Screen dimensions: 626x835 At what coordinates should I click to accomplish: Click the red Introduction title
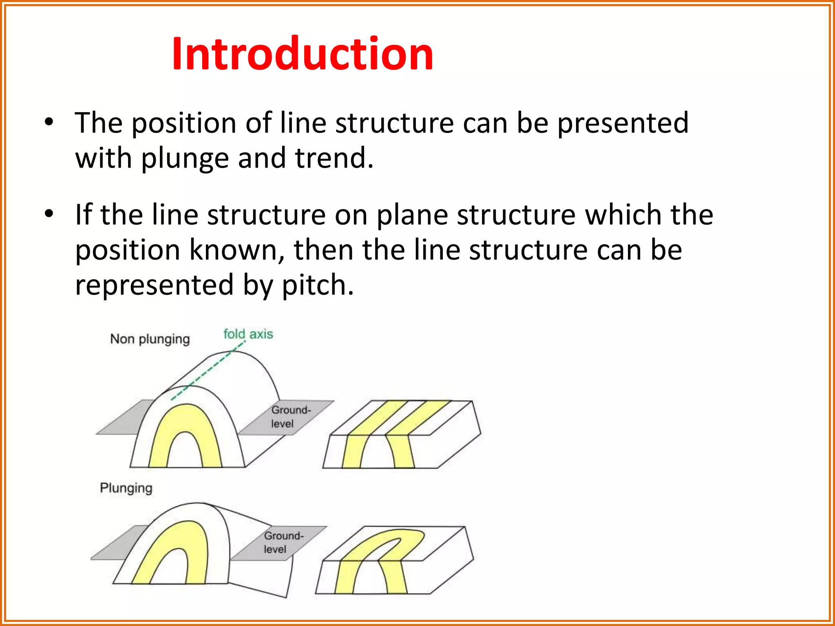(x=302, y=54)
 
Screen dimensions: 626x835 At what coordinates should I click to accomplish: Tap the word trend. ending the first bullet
(x=334, y=158)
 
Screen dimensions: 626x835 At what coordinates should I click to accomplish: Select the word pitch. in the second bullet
(x=318, y=285)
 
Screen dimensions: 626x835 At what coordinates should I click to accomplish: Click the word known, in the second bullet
(x=237, y=250)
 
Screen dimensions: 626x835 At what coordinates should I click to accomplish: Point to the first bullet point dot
(x=49, y=122)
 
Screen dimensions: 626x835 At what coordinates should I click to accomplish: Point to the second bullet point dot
(x=49, y=214)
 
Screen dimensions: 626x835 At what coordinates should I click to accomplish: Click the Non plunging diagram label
(x=150, y=339)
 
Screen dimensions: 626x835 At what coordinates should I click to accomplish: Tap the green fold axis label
(x=248, y=334)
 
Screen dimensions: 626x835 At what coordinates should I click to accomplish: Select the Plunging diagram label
(x=126, y=488)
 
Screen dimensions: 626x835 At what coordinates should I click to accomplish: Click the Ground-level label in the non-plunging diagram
(x=290, y=417)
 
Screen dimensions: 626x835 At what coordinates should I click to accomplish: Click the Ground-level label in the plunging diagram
(x=283, y=542)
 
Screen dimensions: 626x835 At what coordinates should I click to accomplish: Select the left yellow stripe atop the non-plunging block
(x=377, y=418)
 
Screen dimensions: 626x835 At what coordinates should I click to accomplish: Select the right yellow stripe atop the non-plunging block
(x=418, y=418)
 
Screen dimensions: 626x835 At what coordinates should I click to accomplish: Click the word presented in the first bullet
(x=623, y=123)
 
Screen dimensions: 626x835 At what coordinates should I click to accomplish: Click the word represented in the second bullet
(x=155, y=285)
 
